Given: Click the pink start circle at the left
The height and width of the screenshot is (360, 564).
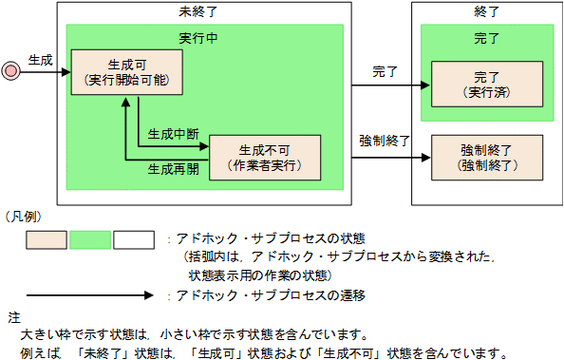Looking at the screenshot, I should [x=11, y=70].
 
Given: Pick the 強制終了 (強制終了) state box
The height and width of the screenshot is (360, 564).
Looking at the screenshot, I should [x=485, y=157].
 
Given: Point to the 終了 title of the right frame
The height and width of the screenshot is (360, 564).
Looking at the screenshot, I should [x=485, y=12].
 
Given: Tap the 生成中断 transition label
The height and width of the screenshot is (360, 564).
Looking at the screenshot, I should [x=173, y=134].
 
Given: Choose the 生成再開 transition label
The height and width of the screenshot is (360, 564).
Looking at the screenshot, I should [x=173, y=170].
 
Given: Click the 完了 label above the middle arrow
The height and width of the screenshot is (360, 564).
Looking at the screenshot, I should [x=385, y=71].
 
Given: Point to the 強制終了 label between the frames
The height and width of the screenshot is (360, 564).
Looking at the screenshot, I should [x=384, y=140].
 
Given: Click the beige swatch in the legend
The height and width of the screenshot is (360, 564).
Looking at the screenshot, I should [x=46, y=238].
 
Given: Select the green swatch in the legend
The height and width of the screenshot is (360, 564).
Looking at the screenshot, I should [x=90, y=238].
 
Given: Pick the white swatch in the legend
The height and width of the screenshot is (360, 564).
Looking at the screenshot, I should [x=133, y=238].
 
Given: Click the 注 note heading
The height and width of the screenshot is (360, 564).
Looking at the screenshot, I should [x=12, y=315].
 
